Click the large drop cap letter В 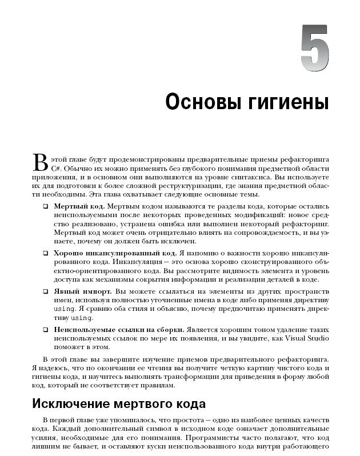[39, 162]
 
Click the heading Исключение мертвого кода [118, 404]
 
